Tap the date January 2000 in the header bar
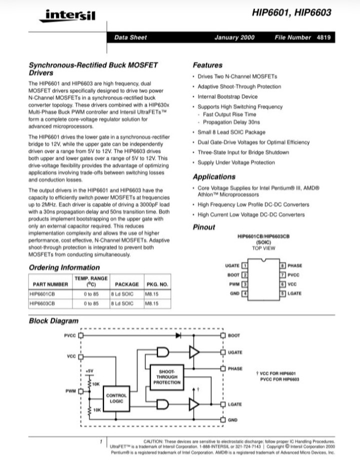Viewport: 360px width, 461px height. point(234,37)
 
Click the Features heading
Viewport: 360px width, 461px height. point(207,65)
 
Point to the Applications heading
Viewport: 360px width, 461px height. point(214,176)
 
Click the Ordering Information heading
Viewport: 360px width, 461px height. point(64,267)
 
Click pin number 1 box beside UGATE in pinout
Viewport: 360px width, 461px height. point(245,265)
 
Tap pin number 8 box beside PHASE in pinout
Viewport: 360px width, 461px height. point(282,265)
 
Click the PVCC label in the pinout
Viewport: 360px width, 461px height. point(294,275)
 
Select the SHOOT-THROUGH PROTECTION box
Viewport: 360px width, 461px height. point(167,377)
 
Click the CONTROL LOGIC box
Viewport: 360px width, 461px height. point(116,398)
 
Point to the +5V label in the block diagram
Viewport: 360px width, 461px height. point(90,370)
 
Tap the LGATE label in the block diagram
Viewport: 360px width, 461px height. point(234,404)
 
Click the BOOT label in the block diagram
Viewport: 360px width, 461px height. point(233,335)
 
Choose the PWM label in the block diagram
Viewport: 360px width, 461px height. point(70,390)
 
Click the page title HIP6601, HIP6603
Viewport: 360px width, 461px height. point(291,13)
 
